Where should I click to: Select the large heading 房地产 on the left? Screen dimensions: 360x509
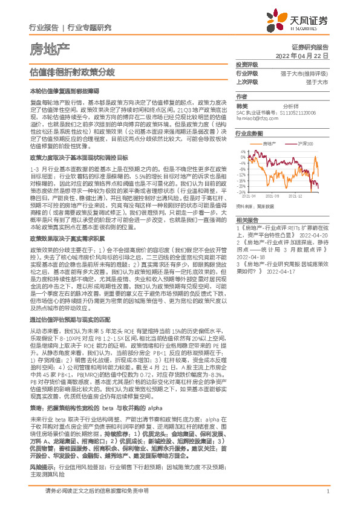(50, 48)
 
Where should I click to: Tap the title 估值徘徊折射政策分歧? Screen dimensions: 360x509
(73, 71)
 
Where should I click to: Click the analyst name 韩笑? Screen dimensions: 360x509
(243, 105)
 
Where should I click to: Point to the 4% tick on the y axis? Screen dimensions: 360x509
(242, 152)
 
